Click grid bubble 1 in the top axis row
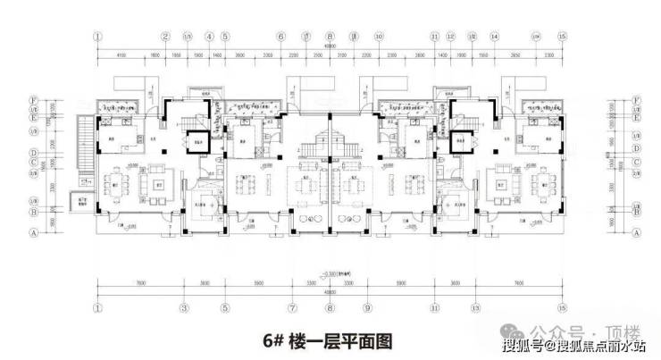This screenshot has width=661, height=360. [96, 37]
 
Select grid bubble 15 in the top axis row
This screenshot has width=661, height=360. [562, 37]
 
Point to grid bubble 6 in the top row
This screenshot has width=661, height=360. [280, 37]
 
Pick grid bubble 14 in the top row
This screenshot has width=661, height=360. [494, 37]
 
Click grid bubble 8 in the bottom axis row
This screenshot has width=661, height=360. [329, 308]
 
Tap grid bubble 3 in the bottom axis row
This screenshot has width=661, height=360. [184, 308]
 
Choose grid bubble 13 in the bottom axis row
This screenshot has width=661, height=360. [474, 308]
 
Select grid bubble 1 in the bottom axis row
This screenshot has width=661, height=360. [96, 308]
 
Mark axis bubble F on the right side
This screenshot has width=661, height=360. [635, 100]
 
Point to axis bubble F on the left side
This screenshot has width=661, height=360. [82, 100]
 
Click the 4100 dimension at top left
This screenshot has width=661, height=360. [120, 56]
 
